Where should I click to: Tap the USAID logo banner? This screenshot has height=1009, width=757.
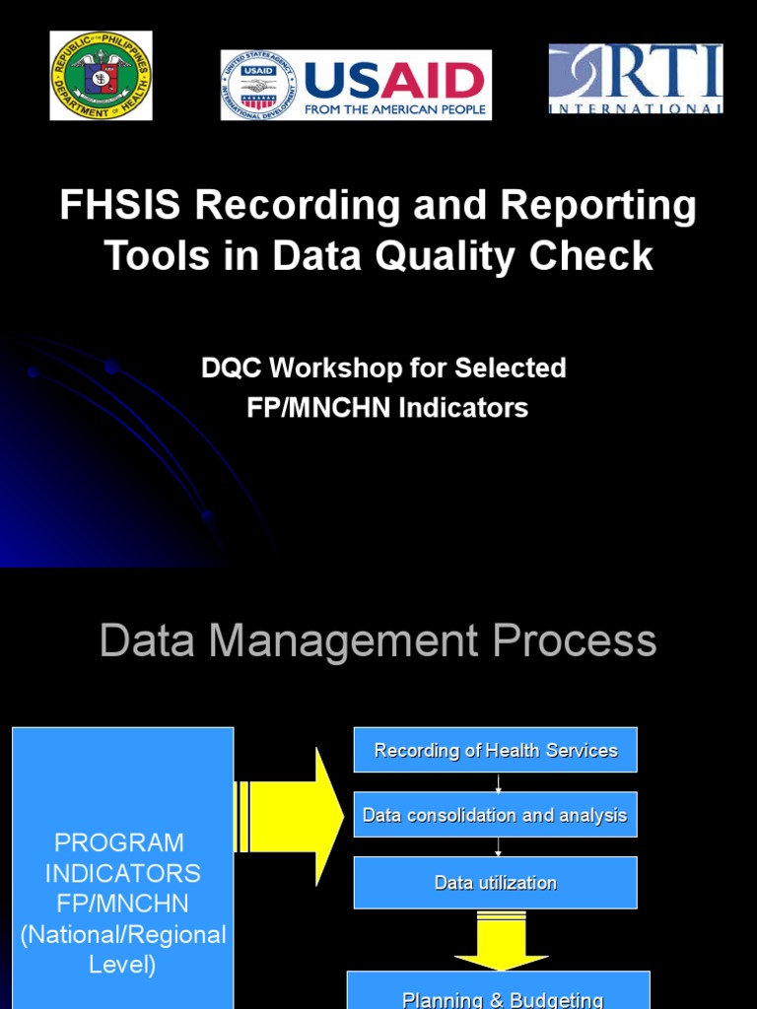point(356,85)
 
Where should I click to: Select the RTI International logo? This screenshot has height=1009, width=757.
point(635,79)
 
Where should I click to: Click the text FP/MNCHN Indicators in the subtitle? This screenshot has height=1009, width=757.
point(387,407)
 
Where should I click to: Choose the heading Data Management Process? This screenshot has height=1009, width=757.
point(378,640)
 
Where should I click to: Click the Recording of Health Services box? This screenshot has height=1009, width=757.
point(496,751)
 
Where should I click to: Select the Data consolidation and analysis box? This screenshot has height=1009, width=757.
point(495,815)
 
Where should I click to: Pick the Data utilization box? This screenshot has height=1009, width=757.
point(495,883)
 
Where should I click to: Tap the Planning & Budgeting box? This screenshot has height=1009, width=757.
point(502,993)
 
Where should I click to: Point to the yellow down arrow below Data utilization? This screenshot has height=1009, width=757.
point(501,942)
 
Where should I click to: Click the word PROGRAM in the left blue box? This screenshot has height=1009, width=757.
point(119,842)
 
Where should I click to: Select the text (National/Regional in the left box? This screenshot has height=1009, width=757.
point(123,934)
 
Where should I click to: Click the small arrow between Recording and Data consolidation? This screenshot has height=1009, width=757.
point(499,782)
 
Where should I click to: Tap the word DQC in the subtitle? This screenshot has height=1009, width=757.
point(232,369)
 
